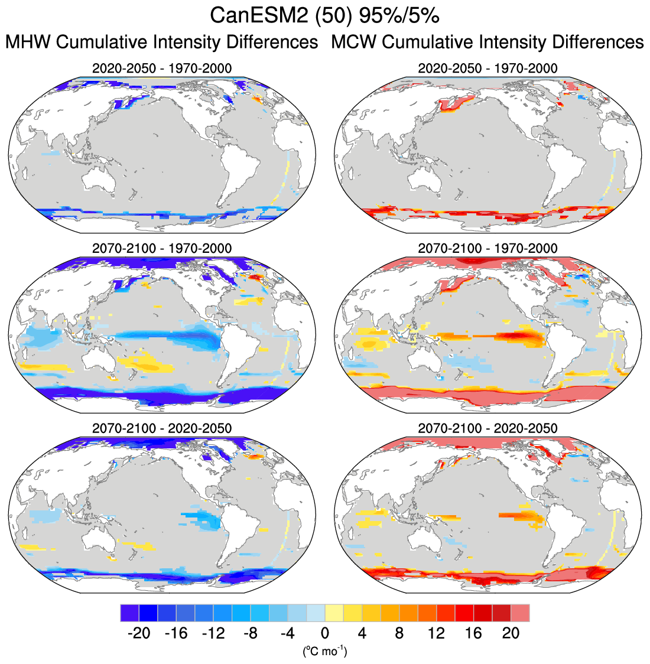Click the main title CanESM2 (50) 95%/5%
324,16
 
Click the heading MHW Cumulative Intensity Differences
162,43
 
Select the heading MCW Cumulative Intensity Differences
487,43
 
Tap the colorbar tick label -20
139,633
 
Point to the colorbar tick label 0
325,633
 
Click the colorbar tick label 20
511,633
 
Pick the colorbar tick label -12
213,633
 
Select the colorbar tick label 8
399,633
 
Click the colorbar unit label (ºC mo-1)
324,651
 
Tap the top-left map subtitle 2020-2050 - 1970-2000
162,69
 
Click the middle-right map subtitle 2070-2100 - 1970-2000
487,248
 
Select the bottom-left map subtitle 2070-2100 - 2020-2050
162,428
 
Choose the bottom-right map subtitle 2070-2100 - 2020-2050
487,428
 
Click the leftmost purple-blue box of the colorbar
129,613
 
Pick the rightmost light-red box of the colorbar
520,613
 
